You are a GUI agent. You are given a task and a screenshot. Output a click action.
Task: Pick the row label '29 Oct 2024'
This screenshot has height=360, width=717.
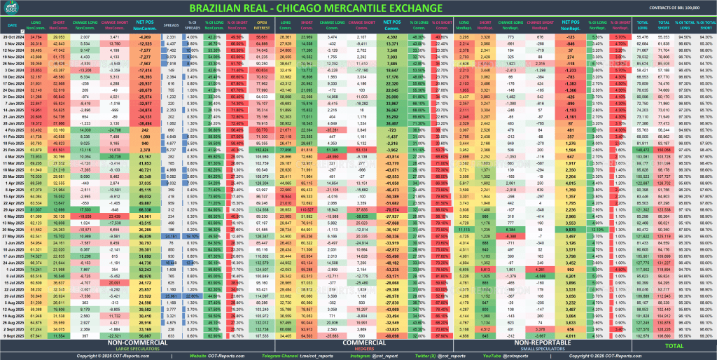point(14,36)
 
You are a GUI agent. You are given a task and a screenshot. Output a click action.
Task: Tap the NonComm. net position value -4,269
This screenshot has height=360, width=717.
point(145,36)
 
